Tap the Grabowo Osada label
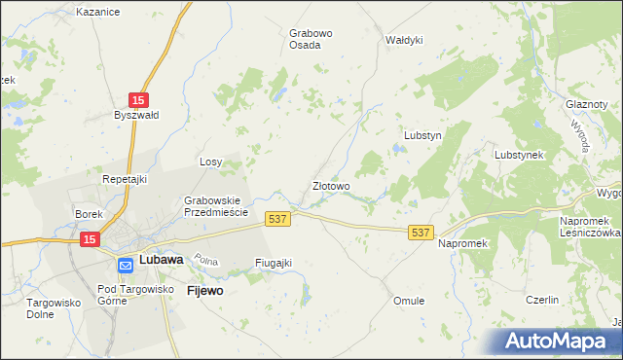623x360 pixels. coord(311,39)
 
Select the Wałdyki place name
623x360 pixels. coord(404,40)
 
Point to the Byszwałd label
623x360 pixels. coord(136,114)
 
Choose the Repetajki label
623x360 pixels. coord(124,179)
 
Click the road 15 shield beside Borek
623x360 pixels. coord(90,238)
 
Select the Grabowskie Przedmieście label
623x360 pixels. coord(217,206)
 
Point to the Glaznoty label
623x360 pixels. coord(586,104)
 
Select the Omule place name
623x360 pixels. coord(409,301)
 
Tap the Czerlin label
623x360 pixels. coord(541,301)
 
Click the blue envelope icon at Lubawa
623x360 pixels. coord(127,264)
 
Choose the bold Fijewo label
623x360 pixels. coord(205,290)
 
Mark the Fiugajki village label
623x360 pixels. coord(273,263)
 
